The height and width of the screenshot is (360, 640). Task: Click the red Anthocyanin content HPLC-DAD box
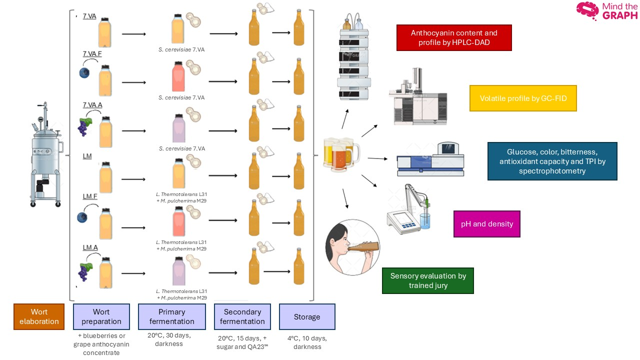click(454, 37)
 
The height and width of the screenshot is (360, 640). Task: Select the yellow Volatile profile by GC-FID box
click(523, 98)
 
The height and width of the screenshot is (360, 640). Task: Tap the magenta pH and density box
click(487, 224)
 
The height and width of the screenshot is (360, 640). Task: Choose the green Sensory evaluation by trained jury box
click(428, 280)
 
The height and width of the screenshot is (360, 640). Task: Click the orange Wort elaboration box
click(39, 316)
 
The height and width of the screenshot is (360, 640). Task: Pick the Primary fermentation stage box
click(171, 316)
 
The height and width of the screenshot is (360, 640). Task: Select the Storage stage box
click(307, 316)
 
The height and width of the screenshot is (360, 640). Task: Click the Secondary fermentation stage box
click(242, 316)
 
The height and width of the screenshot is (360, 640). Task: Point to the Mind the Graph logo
click(607, 11)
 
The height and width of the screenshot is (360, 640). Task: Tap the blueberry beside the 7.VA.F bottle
click(84, 73)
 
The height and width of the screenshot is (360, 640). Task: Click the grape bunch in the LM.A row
click(85, 271)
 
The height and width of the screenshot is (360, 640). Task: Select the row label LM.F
click(90, 196)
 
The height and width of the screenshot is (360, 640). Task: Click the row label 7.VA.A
click(92, 105)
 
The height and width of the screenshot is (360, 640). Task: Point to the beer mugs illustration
click(341, 154)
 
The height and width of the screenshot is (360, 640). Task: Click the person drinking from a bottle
click(353, 247)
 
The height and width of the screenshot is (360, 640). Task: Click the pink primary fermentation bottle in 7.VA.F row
click(178, 76)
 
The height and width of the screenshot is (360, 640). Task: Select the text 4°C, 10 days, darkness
click(307, 342)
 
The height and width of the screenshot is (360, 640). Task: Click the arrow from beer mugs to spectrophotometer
click(377, 158)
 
